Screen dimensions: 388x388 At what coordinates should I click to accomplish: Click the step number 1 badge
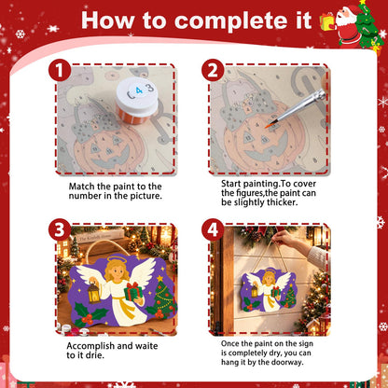[x=60, y=71]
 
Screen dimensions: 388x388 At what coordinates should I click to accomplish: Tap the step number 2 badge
[x=213, y=71]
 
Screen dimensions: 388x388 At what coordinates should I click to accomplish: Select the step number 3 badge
[x=60, y=230]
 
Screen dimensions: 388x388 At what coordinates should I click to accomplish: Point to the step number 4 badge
[x=213, y=230]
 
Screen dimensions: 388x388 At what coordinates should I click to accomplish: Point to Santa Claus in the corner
[x=347, y=26]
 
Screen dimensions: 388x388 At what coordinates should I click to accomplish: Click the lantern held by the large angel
[x=93, y=293]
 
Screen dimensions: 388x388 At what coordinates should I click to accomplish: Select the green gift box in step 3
[x=133, y=291]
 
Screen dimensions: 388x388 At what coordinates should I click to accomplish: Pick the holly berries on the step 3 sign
[x=87, y=319]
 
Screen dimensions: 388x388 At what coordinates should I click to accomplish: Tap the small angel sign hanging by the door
[x=269, y=290]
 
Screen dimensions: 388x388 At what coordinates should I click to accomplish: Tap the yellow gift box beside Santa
[x=327, y=22]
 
